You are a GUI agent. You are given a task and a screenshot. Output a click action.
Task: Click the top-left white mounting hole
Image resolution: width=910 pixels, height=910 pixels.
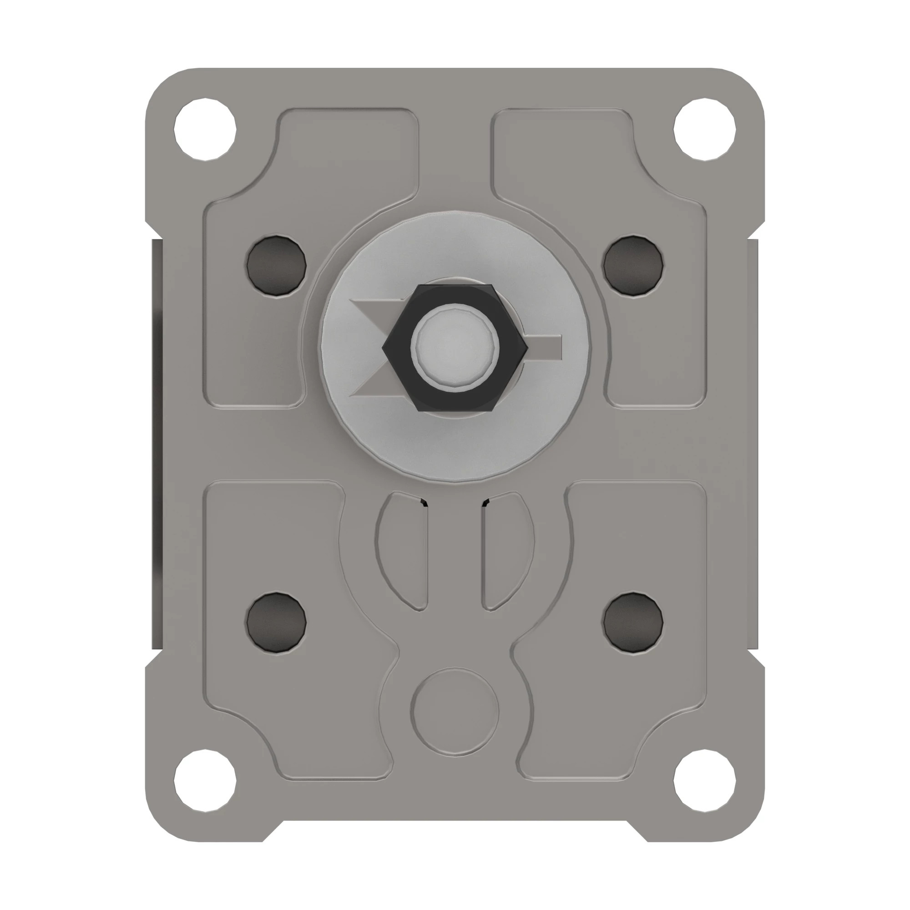coord(205,129)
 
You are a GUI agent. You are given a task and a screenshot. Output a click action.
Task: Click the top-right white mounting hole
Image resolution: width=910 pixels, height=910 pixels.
coord(704,129)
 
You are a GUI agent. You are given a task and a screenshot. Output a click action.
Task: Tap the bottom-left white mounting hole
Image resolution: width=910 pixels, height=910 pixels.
coord(205,780)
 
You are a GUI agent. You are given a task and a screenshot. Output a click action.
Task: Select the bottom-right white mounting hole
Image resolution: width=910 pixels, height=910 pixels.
coord(704,780)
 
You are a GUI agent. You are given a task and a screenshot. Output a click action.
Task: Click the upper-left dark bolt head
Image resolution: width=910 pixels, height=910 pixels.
coord(277,266)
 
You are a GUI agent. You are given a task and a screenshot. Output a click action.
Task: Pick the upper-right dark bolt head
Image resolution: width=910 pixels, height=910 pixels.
coord(633,266)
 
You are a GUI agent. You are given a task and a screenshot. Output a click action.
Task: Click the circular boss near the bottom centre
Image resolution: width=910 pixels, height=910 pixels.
coord(455,712)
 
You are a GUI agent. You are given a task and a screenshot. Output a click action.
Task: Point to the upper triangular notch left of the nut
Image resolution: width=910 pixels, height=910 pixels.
coord(372,308)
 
